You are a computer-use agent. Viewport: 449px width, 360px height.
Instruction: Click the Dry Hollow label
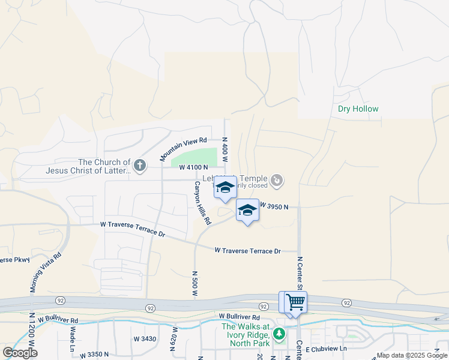(x=358, y=109)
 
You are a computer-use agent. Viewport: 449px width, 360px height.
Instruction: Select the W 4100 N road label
(x=193, y=167)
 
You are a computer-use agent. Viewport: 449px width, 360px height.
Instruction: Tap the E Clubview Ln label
(x=327, y=349)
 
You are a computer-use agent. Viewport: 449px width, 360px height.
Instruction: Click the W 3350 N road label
(x=94, y=355)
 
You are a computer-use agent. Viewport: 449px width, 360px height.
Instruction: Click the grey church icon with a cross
(x=140, y=165)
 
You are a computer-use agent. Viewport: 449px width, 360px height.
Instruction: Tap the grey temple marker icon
(x=277, y=179)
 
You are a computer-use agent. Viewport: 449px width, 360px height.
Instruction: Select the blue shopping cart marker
(x=295, y=302)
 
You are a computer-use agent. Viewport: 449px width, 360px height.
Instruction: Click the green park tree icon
(x=278, y=334)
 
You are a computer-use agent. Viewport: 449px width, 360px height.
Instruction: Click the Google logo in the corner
(x=20, y=353)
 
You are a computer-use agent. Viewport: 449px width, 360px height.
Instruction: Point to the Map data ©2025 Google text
(x=412, y=355)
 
